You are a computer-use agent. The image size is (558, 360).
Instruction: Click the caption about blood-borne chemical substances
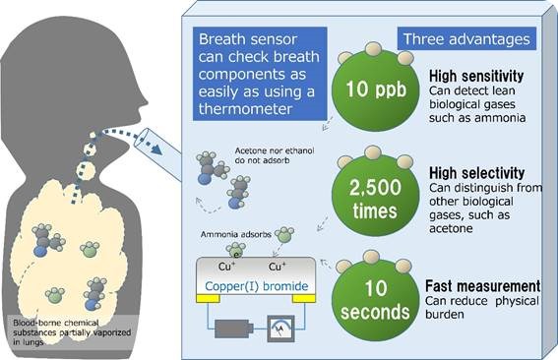[64, 328]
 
